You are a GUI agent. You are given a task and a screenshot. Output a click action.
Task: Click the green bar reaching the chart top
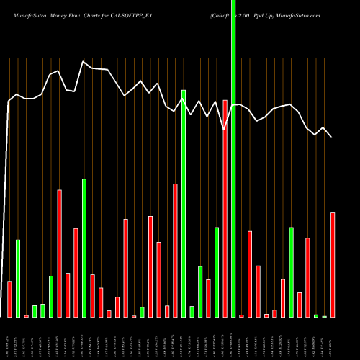point(233,158)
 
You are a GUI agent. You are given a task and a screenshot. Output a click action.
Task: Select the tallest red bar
point(225,209)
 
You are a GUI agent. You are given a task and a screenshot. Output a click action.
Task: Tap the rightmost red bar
point(333,265)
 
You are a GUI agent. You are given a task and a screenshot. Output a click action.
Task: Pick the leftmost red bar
point(9,299)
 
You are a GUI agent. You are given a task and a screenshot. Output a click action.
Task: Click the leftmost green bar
point(18,278)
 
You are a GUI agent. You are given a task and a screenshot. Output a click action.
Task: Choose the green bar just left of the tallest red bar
point(217,272)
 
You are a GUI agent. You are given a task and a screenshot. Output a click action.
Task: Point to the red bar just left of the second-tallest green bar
point(175,251)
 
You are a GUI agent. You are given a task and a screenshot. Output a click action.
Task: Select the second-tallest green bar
point(184,203)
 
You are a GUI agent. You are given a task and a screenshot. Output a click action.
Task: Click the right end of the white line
point(331,137)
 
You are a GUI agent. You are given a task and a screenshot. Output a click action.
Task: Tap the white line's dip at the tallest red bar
point(225,129)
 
